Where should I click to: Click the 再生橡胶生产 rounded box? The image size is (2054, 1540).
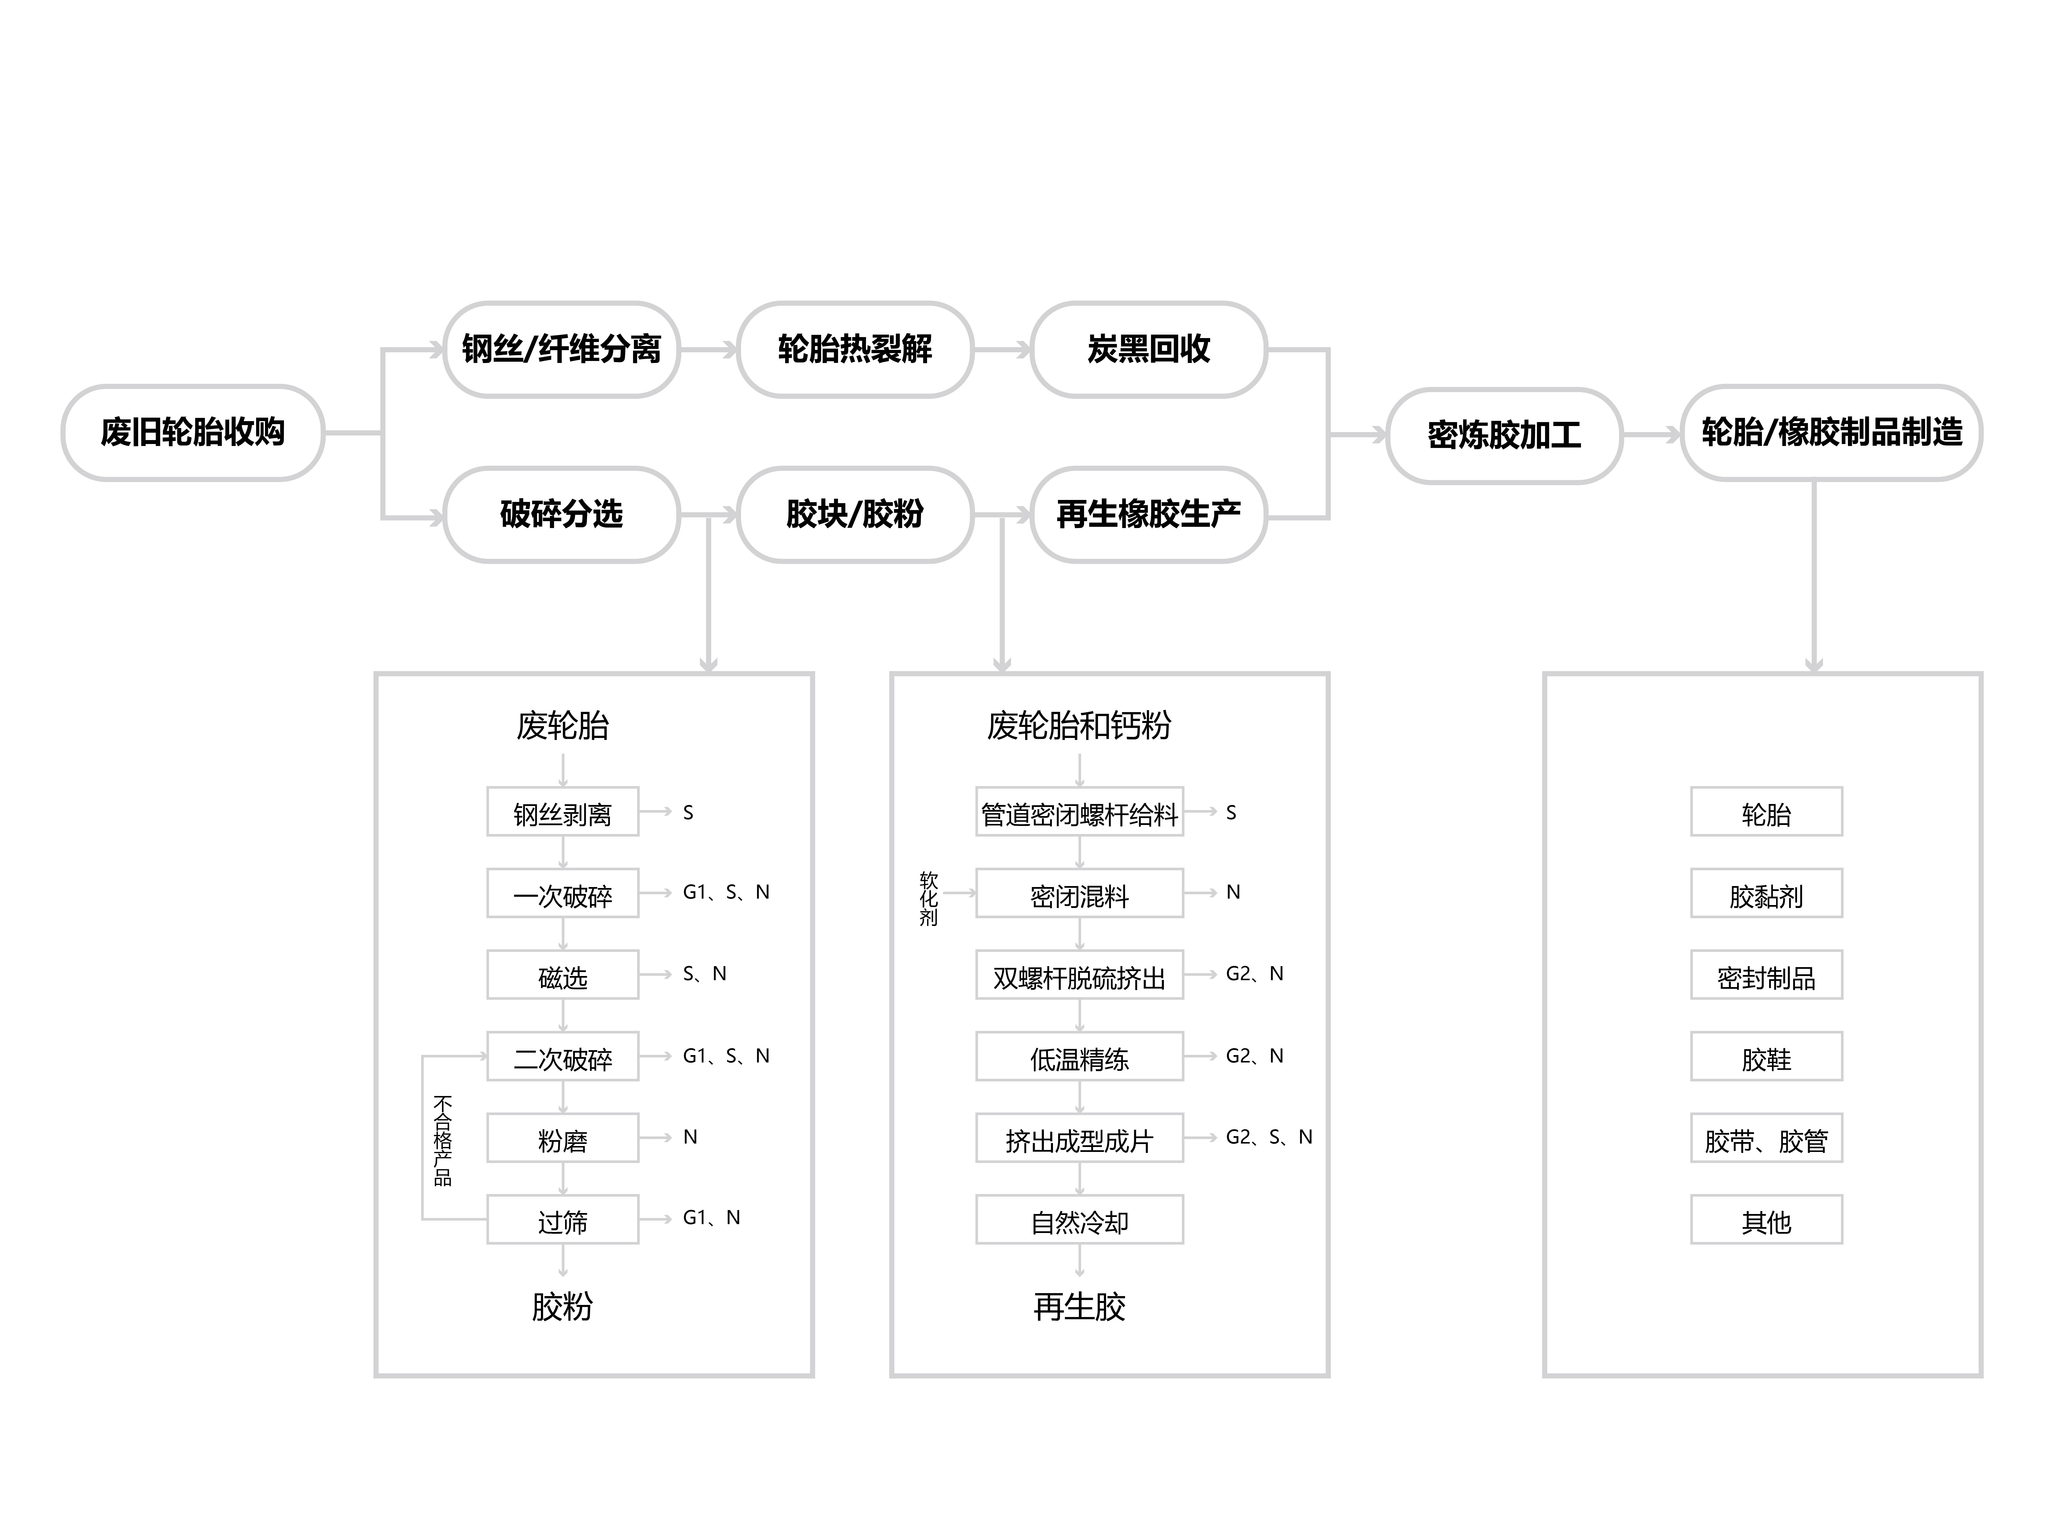tap(1149, 514)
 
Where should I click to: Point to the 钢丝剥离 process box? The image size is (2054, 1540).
tap(563, 812)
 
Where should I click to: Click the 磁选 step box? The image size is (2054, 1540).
tap(563, 975)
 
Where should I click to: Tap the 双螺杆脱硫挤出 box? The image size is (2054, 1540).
tap(1079, 975)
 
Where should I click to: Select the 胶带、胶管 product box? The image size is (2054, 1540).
tap(1766, 1138)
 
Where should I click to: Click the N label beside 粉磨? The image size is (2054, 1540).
tap(690, 1137)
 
